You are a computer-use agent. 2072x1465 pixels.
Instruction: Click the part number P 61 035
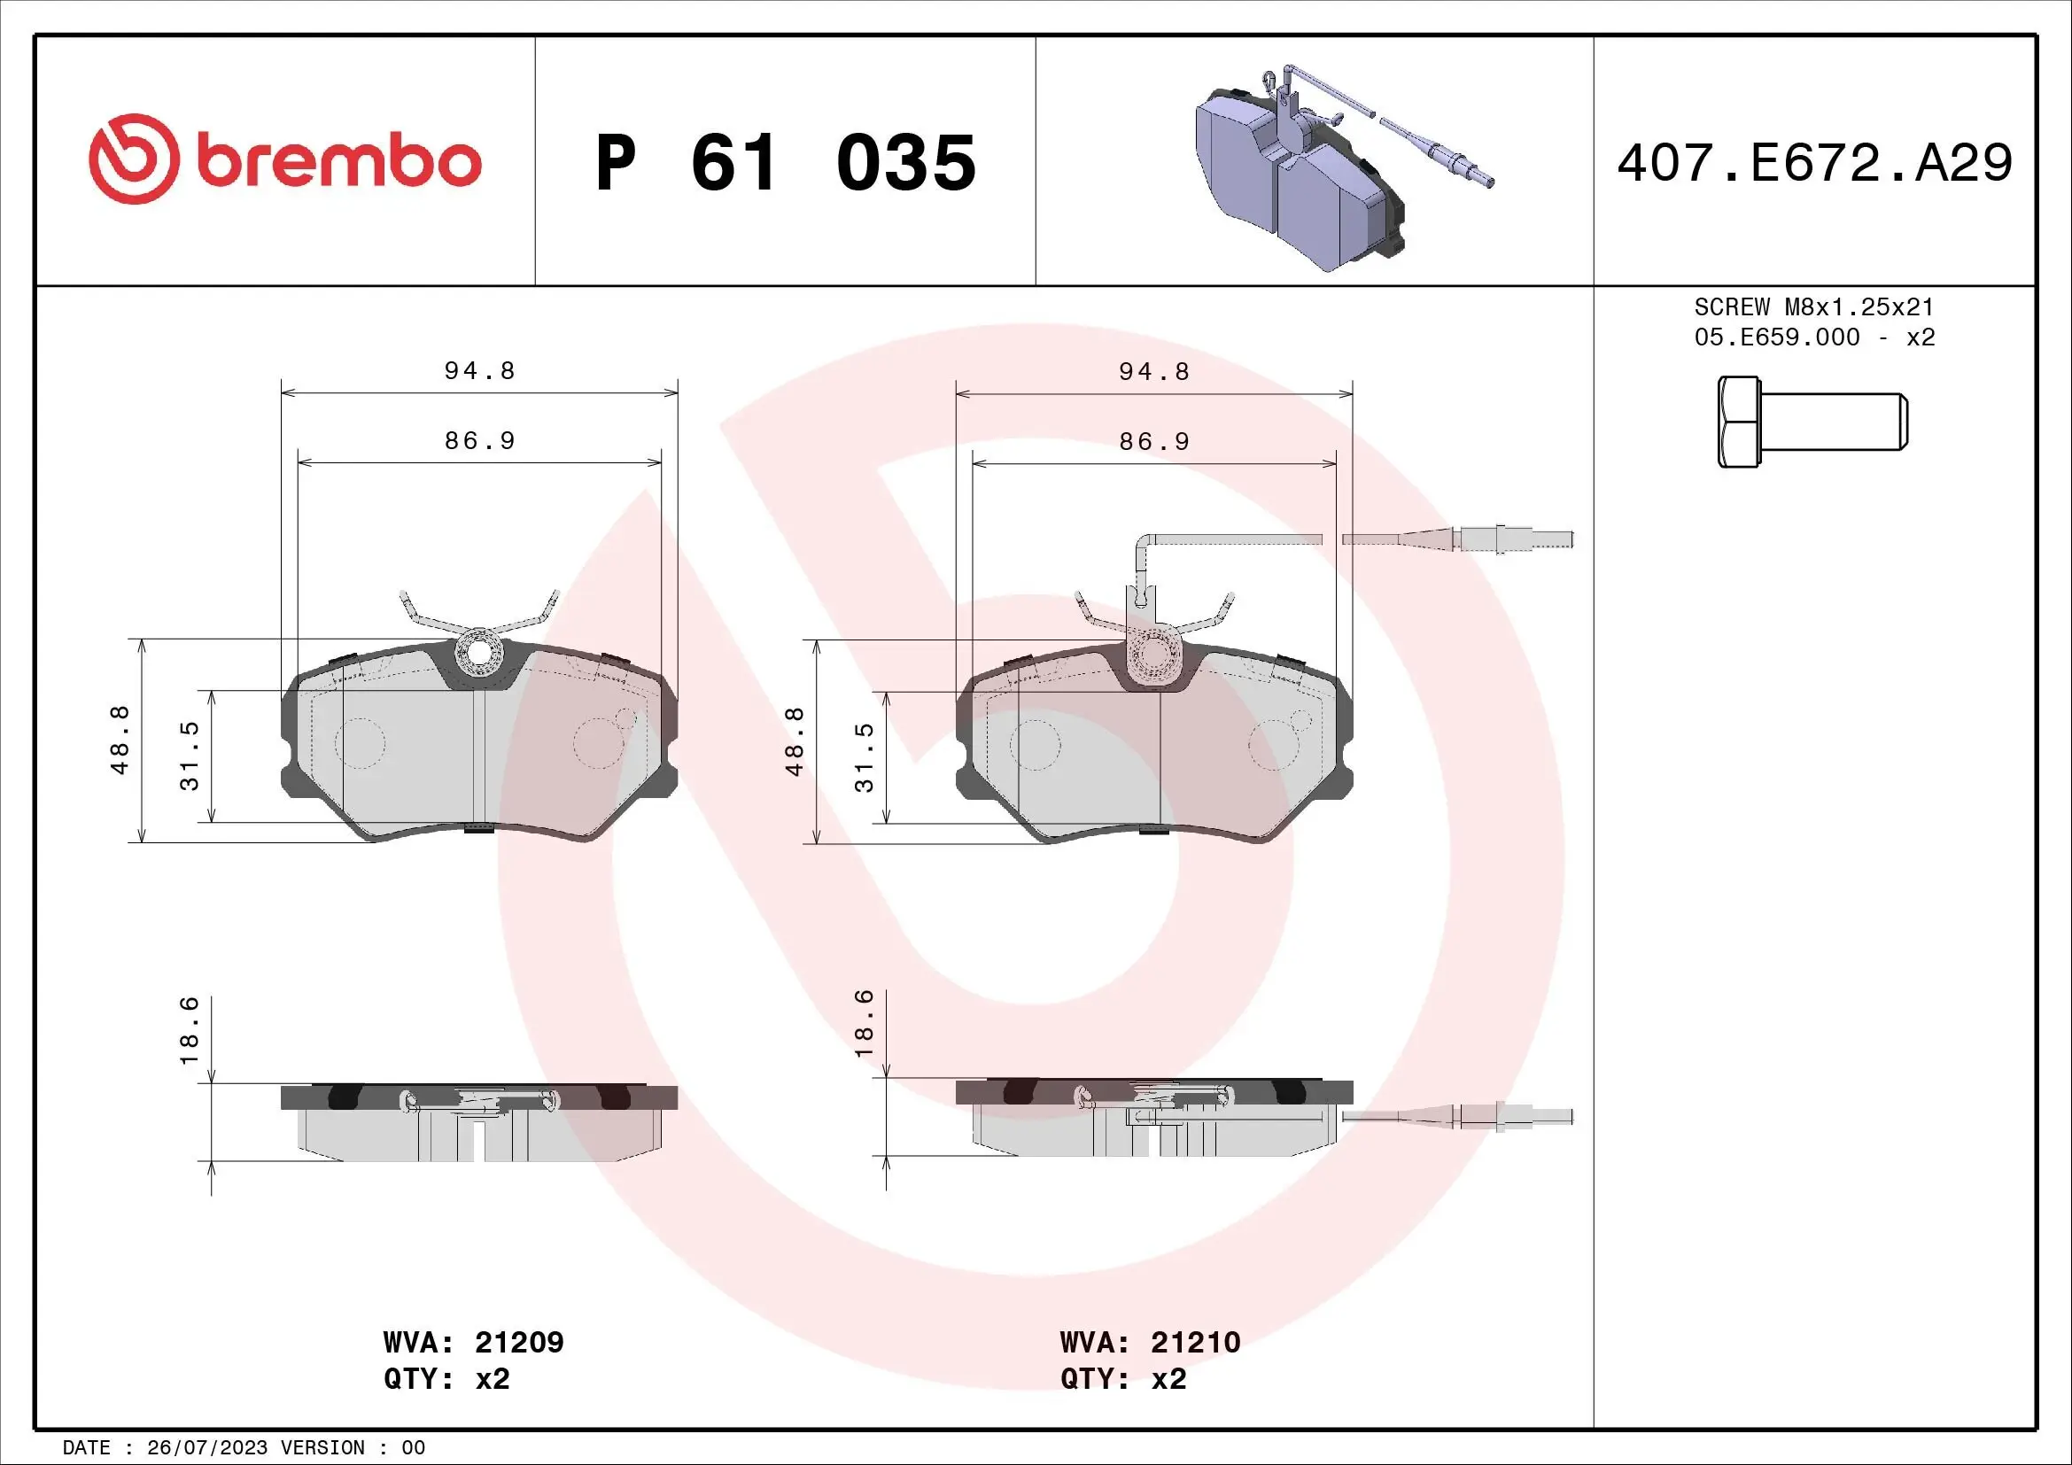point(785,163)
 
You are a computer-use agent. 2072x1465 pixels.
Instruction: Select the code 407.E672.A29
point(1814,163)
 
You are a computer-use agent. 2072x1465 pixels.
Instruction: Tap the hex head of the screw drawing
point(1738,422)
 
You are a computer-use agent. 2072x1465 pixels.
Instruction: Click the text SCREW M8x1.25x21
point(1814,306)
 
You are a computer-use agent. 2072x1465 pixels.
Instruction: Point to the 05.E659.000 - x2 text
point(1814,337)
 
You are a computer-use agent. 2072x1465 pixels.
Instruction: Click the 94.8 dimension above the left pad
point(479,371)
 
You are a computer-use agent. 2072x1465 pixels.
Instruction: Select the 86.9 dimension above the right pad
point(1154,441)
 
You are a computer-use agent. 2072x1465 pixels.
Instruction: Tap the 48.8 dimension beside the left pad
point(119,740)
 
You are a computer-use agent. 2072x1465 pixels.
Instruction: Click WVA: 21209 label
point(473,1342)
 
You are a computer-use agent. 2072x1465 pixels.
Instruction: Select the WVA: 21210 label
point(1150,1342)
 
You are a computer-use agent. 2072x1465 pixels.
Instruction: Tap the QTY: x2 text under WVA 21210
point(1122,1379)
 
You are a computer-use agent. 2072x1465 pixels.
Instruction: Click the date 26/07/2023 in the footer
point(206,1448)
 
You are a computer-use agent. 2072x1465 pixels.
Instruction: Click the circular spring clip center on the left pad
point(479,652)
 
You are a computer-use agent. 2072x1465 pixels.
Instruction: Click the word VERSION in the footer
point(322,1448)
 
